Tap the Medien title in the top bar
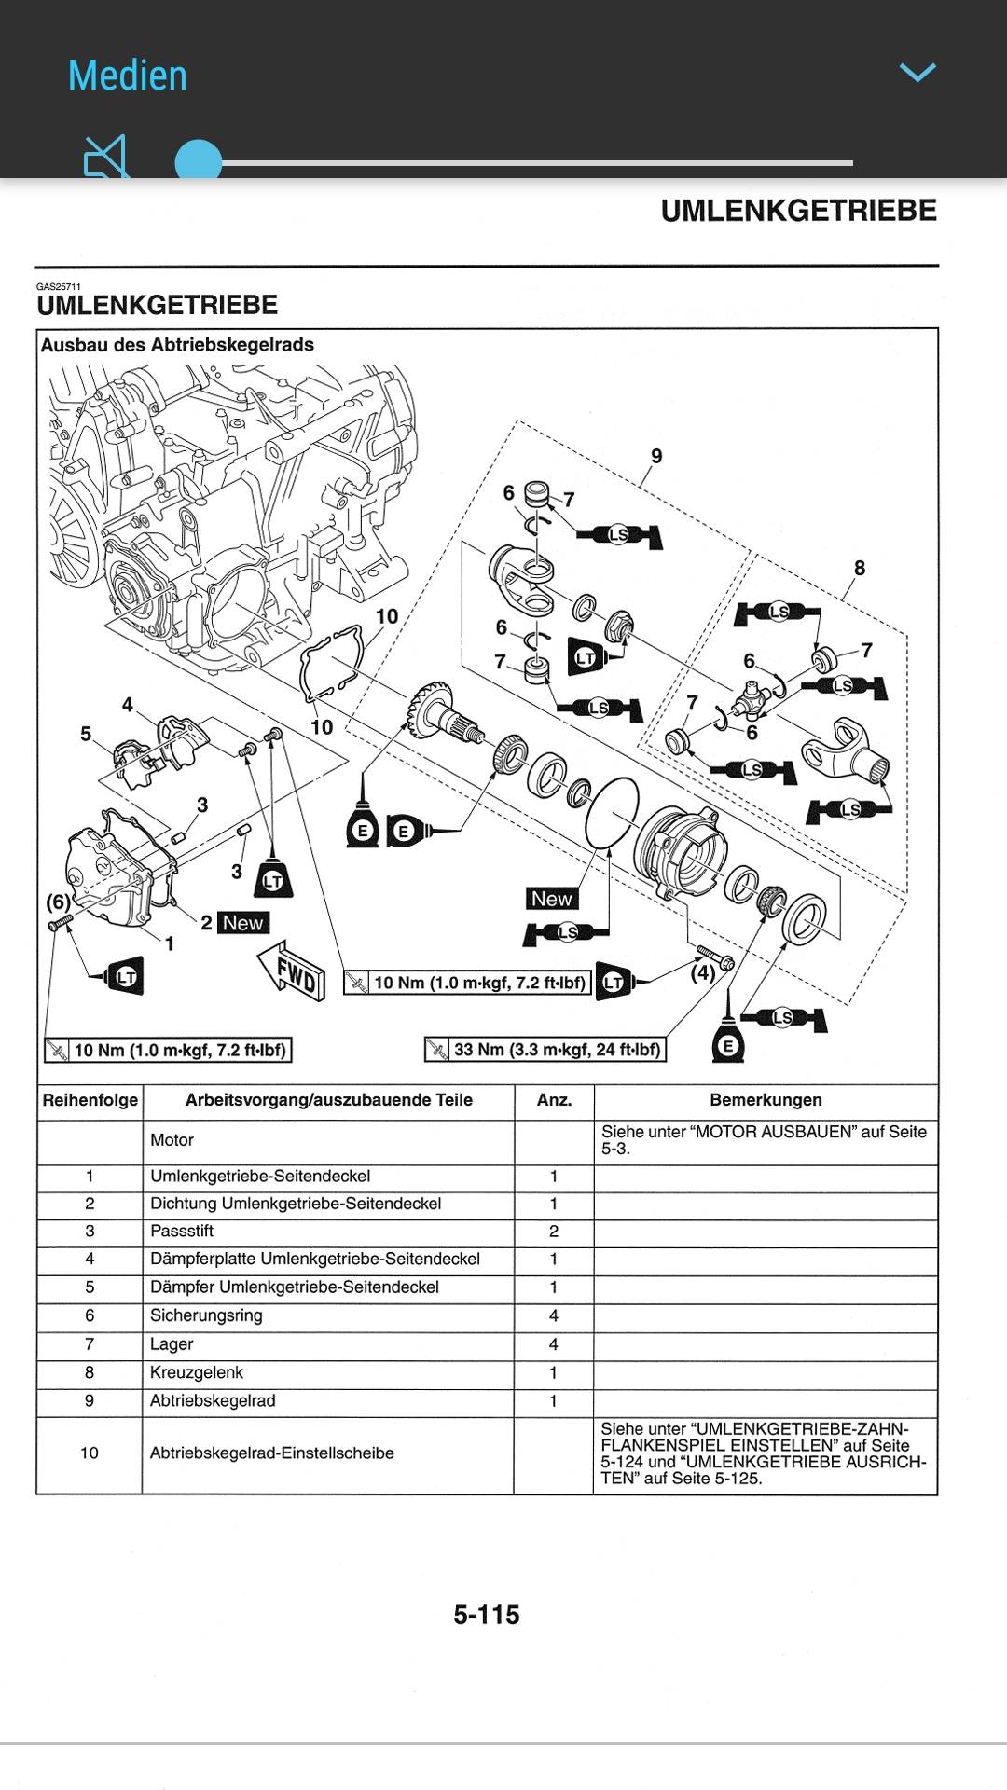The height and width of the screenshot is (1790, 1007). (x=128, y=76)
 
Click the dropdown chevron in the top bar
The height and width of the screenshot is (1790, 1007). (x=917, y=73)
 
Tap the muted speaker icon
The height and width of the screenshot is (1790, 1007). (x=105, y=158)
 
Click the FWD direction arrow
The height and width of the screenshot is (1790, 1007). (x=293, y=970)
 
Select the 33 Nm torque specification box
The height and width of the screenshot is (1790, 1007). (x=545, y=1050)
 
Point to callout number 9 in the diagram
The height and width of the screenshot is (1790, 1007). (x=656, y=456)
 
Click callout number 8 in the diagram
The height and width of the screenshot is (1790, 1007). (x=859, y=568)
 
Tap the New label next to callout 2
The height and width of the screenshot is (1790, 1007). (x=243, y=923)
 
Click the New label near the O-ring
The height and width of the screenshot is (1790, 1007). (x=551, y=899)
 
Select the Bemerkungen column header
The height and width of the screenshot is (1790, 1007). (x=766, y=1100)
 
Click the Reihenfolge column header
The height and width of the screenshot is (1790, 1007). (x=90, y=1100)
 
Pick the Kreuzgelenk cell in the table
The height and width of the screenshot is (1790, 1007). (x=197, y=1372)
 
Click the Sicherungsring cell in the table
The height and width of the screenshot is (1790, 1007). (x=206, y=1315)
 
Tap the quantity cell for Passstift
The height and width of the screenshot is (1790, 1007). (x=554, y=1232)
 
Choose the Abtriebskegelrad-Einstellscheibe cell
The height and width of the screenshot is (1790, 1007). (x=272, y=1453)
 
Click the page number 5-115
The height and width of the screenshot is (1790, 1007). (x=487, y=1615)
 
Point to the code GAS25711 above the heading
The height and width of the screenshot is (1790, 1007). (x=59, y=287)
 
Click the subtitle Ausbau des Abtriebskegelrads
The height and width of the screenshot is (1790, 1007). (x=177, y=345)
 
